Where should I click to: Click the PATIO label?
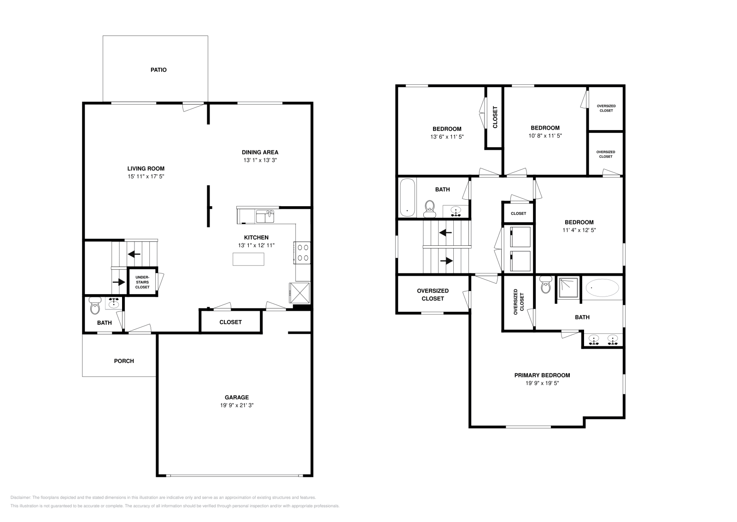pyautogui.click(x=158, y=70)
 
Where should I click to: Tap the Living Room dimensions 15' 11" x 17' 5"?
pyautogui.click(x=146, y=177)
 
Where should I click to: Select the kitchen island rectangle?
pyautogui.click(x=249, y=260)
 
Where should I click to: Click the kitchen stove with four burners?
pyautogui.click(x=303, y=253)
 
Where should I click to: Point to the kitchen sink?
pyautogui.click(x=265, y=216)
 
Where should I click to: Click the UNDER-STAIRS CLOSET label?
pyautogui.click(x=142, y=282)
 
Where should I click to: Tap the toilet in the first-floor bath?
pyautogui.click(x=95, y=306)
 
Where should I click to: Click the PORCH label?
pyautogui.click(x=124, y=361)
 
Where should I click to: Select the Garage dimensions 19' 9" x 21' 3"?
pyautogui.click(x=237, y=405)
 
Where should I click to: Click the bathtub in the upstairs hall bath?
pyautogui.click(x=407, y=197)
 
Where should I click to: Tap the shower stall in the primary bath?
pyautogui.click(x=569, y=288)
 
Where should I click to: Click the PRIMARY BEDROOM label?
pyautogui.click(x=542, y=375)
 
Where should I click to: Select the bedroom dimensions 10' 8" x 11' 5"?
pyautogui.click(x=545, y=136)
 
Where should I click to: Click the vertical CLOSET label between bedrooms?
pyautogui.click(x=495, y=117)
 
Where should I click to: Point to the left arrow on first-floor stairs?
pyautogui.click(x=134, y=254)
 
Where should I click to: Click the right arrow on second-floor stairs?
pyautogui.click(x=446, y=261)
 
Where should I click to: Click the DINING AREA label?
pyautogui.click(x=260, y=152)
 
